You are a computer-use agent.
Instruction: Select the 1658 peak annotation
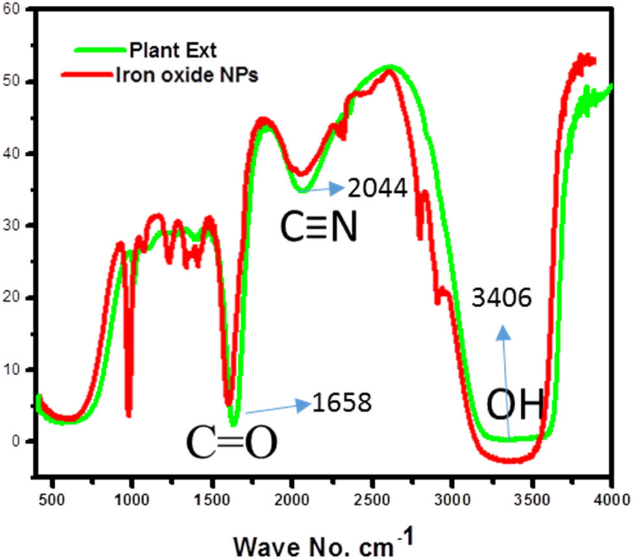(x=341, y=403)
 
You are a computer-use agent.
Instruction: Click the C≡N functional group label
(x=319, y=229)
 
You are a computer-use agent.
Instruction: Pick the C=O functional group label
(x=232, y=444)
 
